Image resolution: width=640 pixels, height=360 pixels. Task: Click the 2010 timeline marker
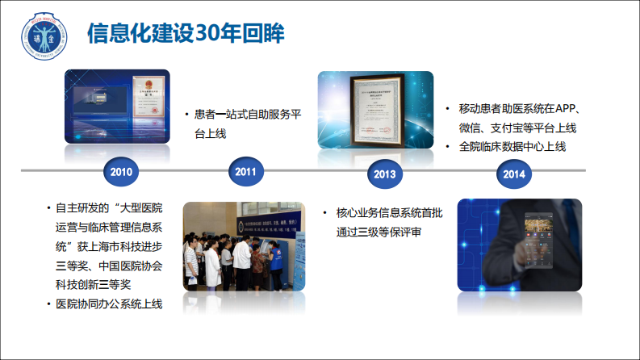[x=121, y=172]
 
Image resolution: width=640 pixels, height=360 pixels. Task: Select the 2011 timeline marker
[x=246, y=172]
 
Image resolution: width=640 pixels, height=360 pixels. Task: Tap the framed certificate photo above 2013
[x=375, y=111]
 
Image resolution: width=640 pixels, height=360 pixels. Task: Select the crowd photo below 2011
[x=245, y=247]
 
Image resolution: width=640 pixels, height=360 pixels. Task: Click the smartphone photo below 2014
[x=519, y=245]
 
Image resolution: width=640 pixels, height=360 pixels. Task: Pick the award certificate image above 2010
[x=117, y=107]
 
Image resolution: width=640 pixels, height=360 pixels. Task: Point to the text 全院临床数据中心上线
[x=512, y=147]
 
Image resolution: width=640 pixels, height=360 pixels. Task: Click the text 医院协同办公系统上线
[x=109, y=304]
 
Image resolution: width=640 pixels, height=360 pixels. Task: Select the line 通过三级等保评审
[x=379, y=232]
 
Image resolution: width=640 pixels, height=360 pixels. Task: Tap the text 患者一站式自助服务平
[x=248, y=115]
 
